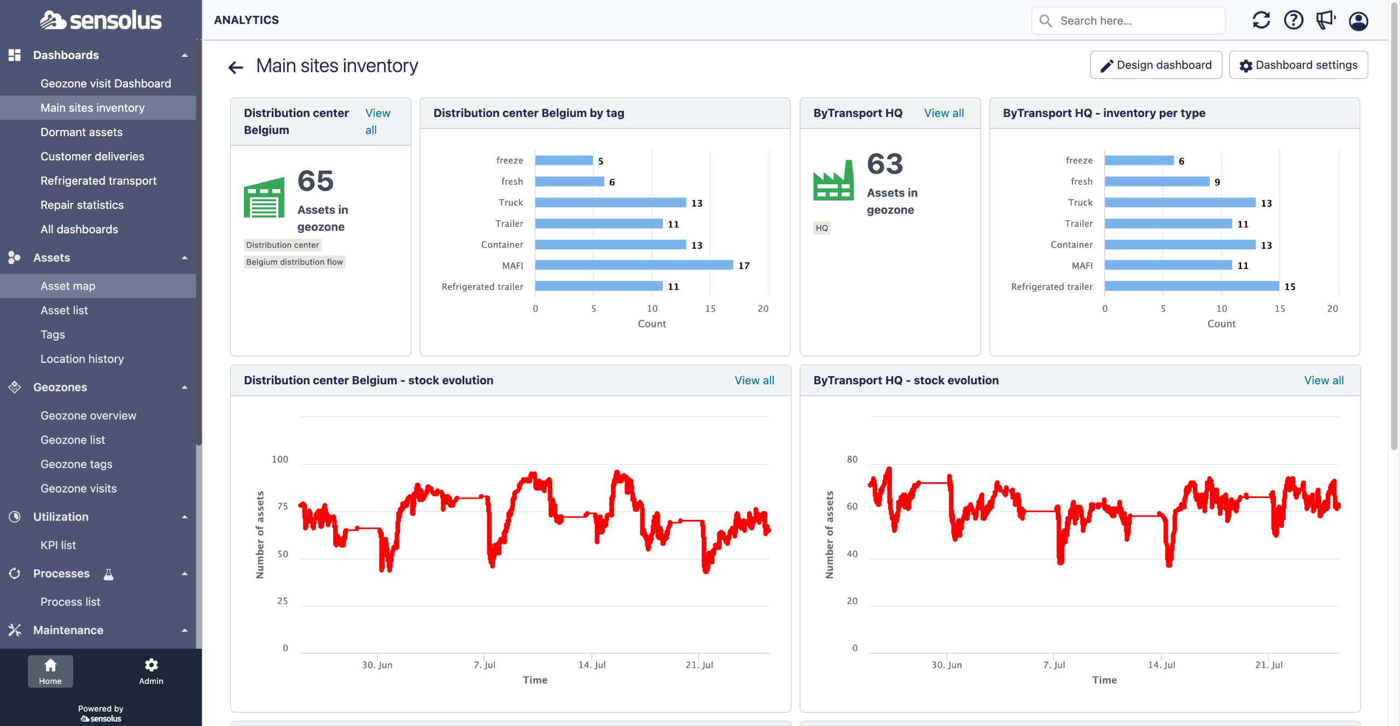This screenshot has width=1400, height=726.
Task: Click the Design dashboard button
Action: pos(1156,65)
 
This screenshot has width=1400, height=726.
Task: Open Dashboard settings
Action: pos(1298,65)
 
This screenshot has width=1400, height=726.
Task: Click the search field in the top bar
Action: pos(1128,21)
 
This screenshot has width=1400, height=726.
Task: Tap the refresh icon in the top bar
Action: pos(1261,21)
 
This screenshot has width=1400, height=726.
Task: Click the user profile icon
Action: pos(1358,21)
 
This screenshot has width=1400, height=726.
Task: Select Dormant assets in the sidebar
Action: pos(81,132)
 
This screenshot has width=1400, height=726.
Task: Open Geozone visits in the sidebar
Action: pos(79,488)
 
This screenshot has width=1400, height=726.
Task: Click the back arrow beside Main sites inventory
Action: pos(236,67)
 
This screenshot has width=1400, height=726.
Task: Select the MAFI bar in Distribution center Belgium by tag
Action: pos(634,265)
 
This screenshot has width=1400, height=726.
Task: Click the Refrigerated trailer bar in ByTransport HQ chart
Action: pos(1192,286)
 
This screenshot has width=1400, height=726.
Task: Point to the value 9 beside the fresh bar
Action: pos(1217,182)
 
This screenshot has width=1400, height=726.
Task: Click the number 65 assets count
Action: pos(316,181)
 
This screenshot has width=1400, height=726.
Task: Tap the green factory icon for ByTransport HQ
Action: pos(833,180)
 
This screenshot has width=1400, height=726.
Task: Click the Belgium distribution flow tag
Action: pos(295,262)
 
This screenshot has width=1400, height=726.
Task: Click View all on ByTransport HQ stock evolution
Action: pos(1324,380)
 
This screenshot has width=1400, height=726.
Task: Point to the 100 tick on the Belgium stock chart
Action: pos(280,459)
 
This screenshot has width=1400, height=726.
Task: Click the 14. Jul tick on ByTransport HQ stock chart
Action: pos(1162,665)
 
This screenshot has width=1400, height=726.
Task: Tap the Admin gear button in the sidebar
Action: pos(151,671)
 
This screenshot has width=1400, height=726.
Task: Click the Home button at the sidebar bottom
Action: pos(50,671)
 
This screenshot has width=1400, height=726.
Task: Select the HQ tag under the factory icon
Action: pos(822,228)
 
